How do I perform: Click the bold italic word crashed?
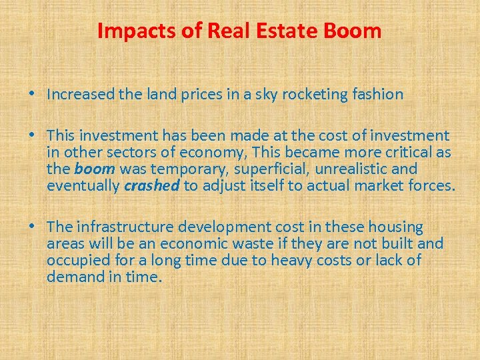point(152,185)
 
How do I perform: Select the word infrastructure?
point(120,227)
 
